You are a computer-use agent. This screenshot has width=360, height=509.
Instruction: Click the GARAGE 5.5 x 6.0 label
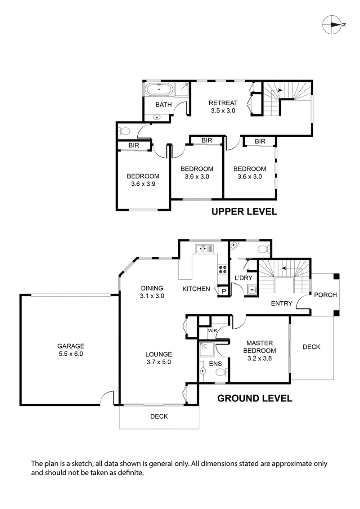71,350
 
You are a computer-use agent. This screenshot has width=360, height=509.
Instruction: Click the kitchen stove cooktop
222,269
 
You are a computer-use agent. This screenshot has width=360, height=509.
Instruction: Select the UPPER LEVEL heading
244,211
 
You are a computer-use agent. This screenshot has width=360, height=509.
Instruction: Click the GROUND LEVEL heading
255,398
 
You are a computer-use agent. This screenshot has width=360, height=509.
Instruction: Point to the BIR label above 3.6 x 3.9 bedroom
134,146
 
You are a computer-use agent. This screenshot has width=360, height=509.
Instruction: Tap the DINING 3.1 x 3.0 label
152,292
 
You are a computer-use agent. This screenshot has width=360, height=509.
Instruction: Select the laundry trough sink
252,289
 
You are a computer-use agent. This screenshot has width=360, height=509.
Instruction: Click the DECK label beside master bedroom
311,347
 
